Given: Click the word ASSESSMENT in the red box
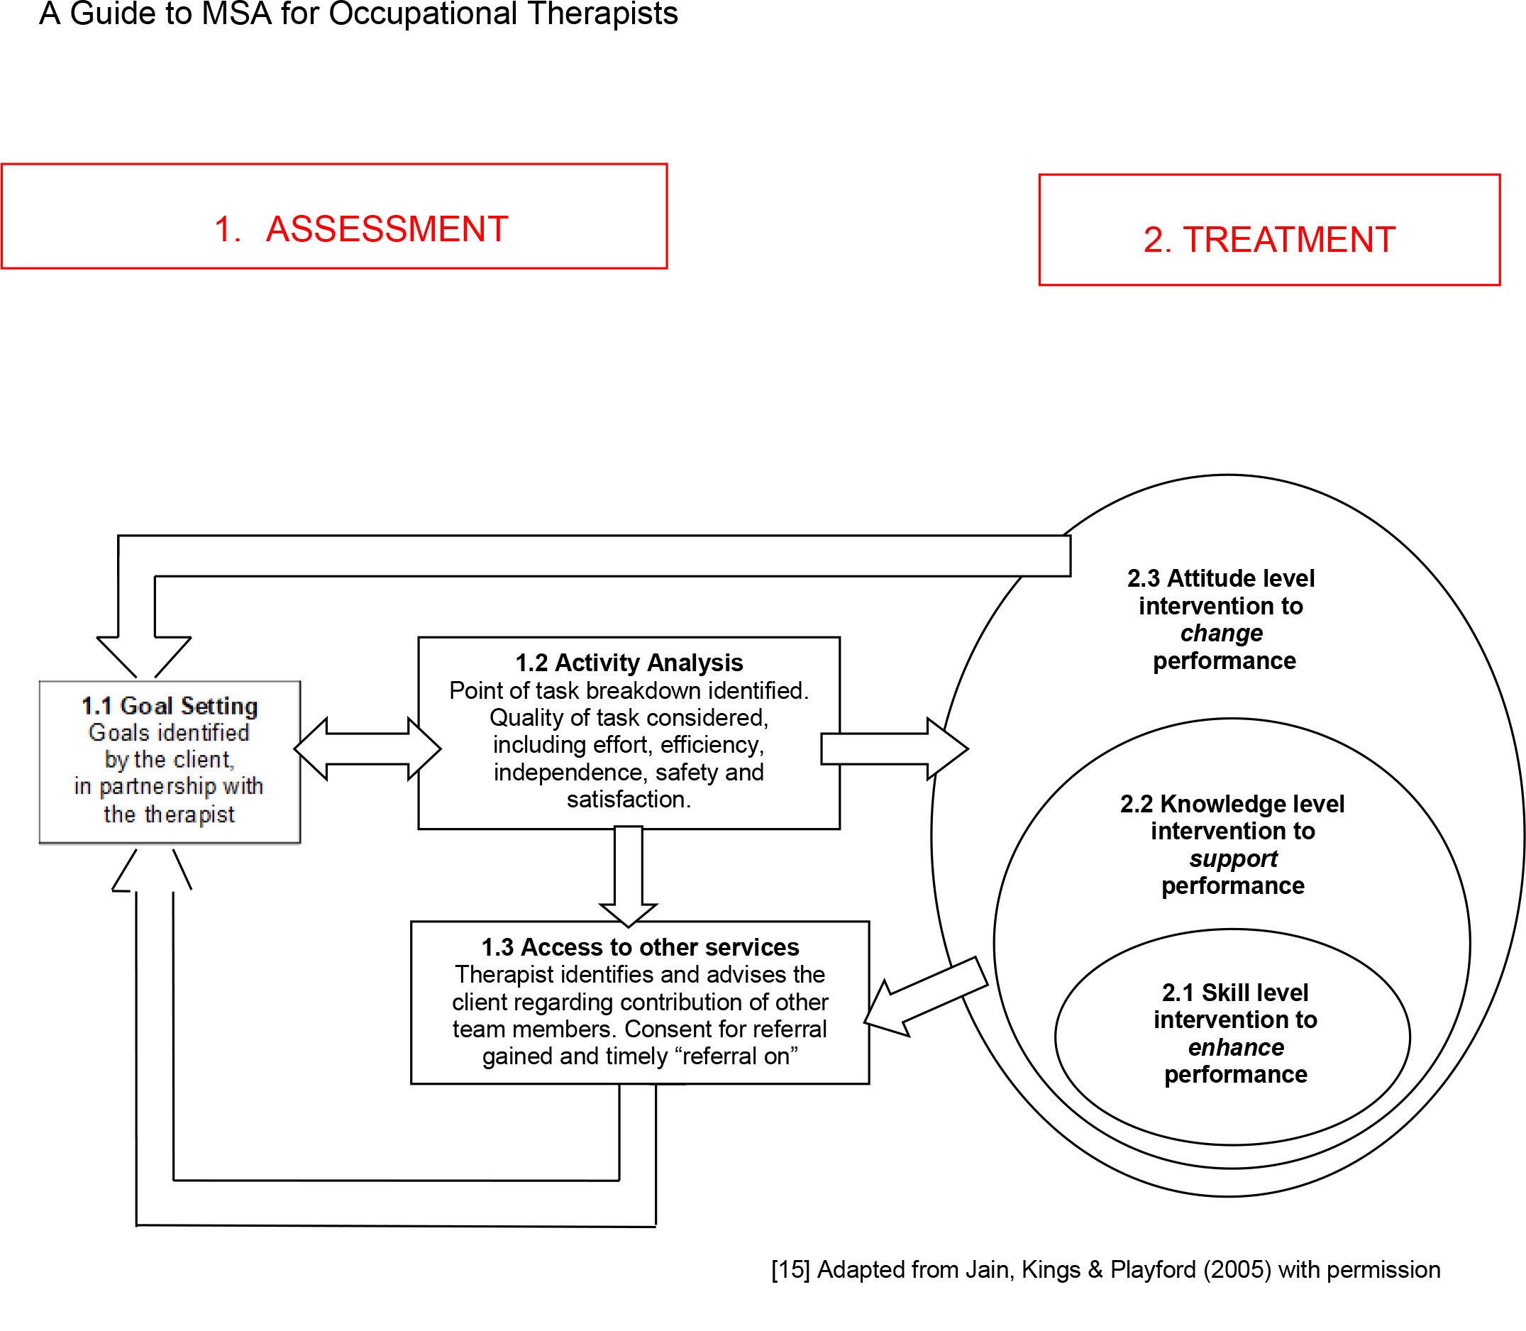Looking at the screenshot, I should [387, 228].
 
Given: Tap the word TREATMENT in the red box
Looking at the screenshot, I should [1288, 240].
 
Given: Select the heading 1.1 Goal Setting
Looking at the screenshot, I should [170, 706].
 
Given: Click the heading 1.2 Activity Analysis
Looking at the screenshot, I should [629, 663].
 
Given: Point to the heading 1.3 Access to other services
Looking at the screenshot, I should [640, 947].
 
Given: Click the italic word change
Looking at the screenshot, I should [1222, 634].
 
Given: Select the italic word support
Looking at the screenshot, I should [1233, 858].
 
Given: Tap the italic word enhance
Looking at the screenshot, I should [1236, 1047].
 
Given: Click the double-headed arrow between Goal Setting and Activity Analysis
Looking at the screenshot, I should [367, 749].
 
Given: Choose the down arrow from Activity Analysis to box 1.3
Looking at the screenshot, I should [629, 876].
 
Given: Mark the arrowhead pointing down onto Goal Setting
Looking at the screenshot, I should [144, 656].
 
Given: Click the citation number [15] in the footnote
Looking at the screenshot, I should [790, 1270].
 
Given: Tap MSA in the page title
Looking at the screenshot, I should [236, 13].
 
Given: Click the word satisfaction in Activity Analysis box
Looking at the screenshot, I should [627, 800].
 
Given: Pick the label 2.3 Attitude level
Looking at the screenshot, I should [1221, 579].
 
